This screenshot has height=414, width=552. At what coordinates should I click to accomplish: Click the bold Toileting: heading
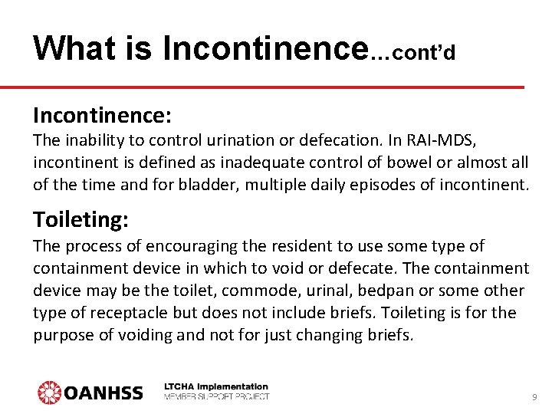pos(80,220)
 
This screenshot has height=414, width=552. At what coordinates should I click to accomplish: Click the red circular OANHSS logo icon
pos(50,393)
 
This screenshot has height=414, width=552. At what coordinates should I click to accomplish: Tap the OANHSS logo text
pos(103,393)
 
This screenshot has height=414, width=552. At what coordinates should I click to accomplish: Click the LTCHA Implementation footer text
pos(217,387)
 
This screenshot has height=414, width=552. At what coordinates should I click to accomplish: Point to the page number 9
pos(534,397)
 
